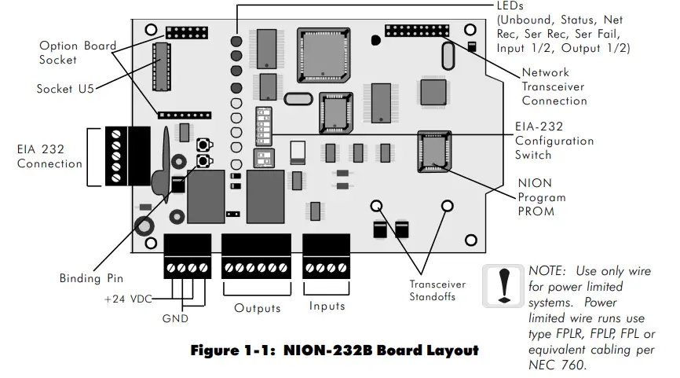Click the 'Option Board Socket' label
point(78,53)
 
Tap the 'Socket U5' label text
point(65,89)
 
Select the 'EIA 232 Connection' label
point(49,157)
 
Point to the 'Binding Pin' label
point(91,278)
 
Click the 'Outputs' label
point(257,307)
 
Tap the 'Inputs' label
point(327,306)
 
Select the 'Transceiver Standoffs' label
point(437,291)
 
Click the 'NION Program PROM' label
point(541,196)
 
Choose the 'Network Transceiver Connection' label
point(554,86)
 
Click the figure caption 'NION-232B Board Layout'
point(335,350)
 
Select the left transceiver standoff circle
point(377,207)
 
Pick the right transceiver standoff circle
point(448,207)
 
